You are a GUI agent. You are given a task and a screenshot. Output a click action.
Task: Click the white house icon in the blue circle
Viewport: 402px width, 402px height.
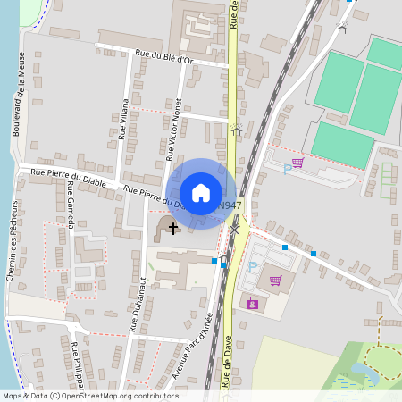point(201,193)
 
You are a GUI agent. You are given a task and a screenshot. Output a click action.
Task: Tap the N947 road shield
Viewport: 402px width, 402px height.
point(229,205)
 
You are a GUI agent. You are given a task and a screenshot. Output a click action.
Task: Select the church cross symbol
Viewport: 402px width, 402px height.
point(171,228)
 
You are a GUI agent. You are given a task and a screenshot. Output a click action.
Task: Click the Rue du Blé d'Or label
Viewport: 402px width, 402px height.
point(163,57)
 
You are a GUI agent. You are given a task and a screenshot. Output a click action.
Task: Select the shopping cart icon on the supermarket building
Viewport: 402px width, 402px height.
point(275,281)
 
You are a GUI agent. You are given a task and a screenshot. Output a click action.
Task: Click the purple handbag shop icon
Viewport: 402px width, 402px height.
point(253,304)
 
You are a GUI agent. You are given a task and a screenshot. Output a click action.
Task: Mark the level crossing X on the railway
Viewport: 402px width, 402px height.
point(235,230)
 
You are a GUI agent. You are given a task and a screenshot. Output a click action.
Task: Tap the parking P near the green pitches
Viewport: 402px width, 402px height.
point(287,167)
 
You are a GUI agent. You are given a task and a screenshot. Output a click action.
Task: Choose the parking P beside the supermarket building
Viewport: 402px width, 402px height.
point(253,265)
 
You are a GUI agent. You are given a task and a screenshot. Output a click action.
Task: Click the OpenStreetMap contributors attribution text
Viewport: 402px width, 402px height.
point(89,396)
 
